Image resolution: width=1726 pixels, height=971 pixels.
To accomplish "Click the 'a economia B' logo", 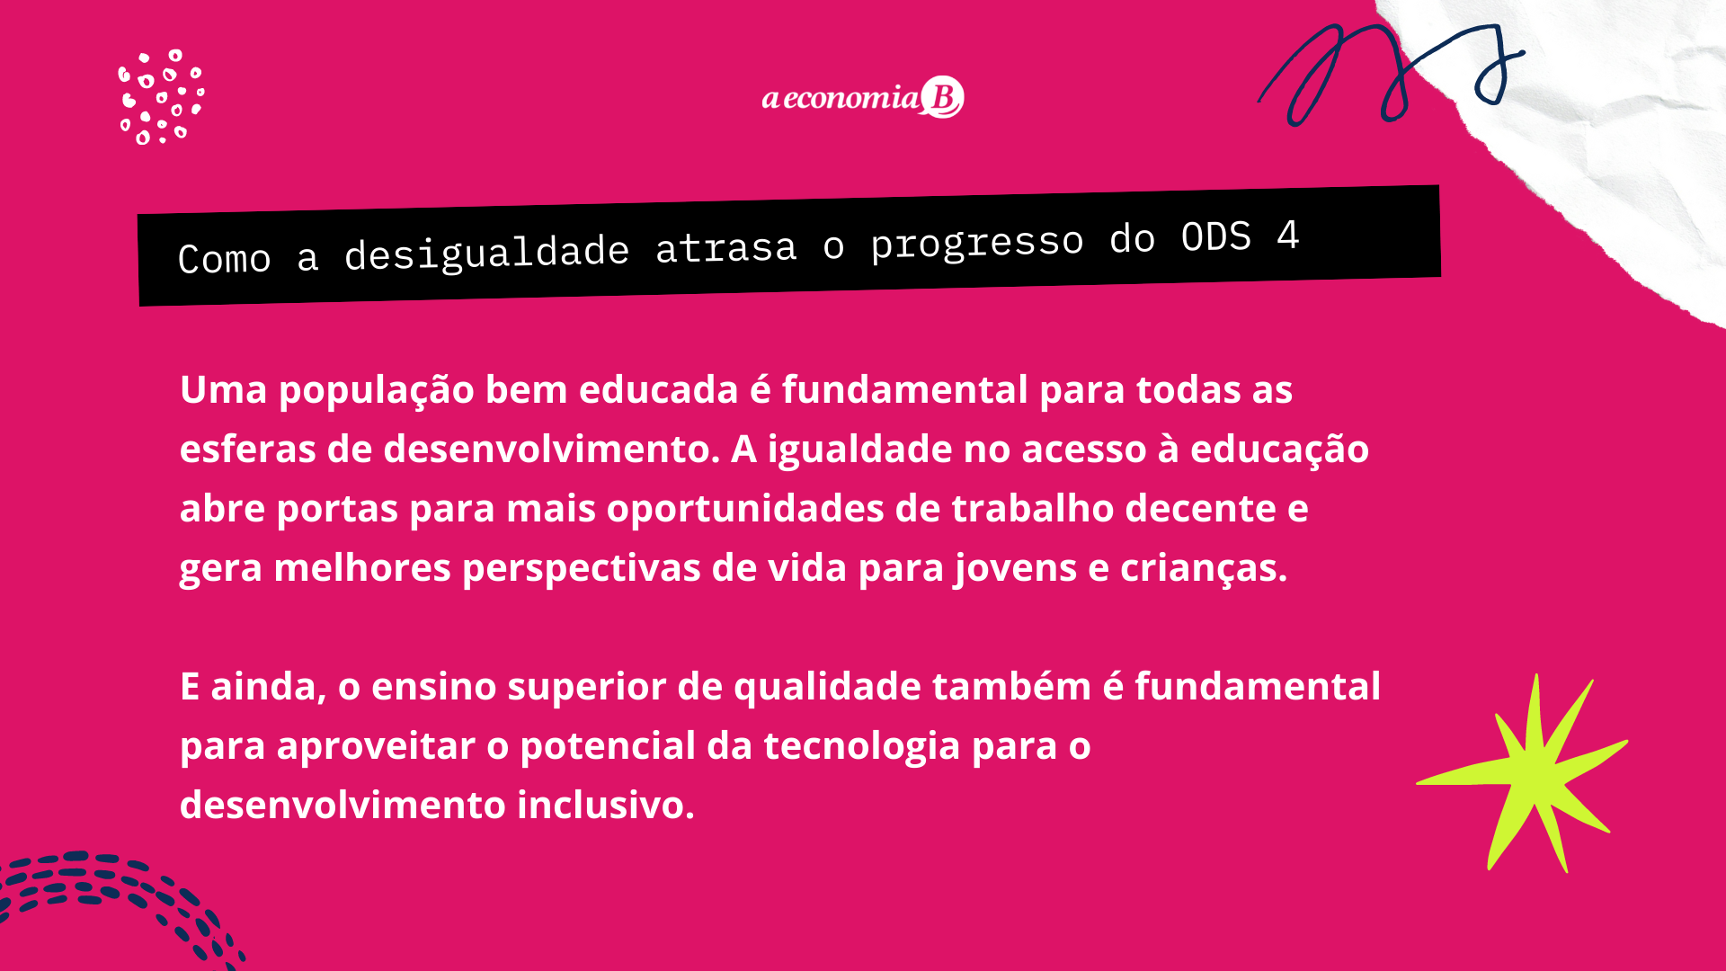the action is click(863, 97).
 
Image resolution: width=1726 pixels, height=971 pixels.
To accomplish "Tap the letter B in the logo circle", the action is click(943, 97).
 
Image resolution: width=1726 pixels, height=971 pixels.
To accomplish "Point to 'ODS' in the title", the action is click(1215, 237).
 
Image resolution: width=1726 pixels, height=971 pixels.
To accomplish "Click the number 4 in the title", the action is click(1288, 236).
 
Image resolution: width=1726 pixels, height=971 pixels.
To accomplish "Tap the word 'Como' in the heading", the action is click(224, 259).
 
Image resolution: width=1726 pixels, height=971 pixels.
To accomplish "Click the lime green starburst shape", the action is click(1523, 773).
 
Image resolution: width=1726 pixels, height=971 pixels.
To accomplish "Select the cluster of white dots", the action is click(162, 97).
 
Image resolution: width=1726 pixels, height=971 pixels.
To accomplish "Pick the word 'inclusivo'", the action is click(606, 806).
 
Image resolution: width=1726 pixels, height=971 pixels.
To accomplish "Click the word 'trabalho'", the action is click(1033, 509).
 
